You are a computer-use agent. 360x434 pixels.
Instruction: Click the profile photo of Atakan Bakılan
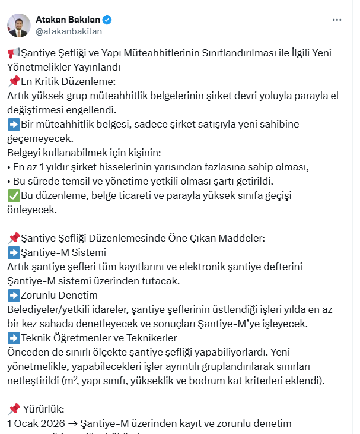[x=19, y=25]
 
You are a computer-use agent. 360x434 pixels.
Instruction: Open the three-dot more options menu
[x=337, y=20]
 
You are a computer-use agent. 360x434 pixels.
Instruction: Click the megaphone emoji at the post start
[x=13, y=53]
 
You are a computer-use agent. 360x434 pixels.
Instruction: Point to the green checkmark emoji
[x=13, y=195]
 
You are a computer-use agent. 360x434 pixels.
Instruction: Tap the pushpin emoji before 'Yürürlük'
[x=14, y=409]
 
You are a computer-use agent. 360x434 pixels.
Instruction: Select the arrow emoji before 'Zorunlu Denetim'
[x=13, y=295]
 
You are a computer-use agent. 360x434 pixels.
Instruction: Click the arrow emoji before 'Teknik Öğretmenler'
[x=13, y=338]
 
